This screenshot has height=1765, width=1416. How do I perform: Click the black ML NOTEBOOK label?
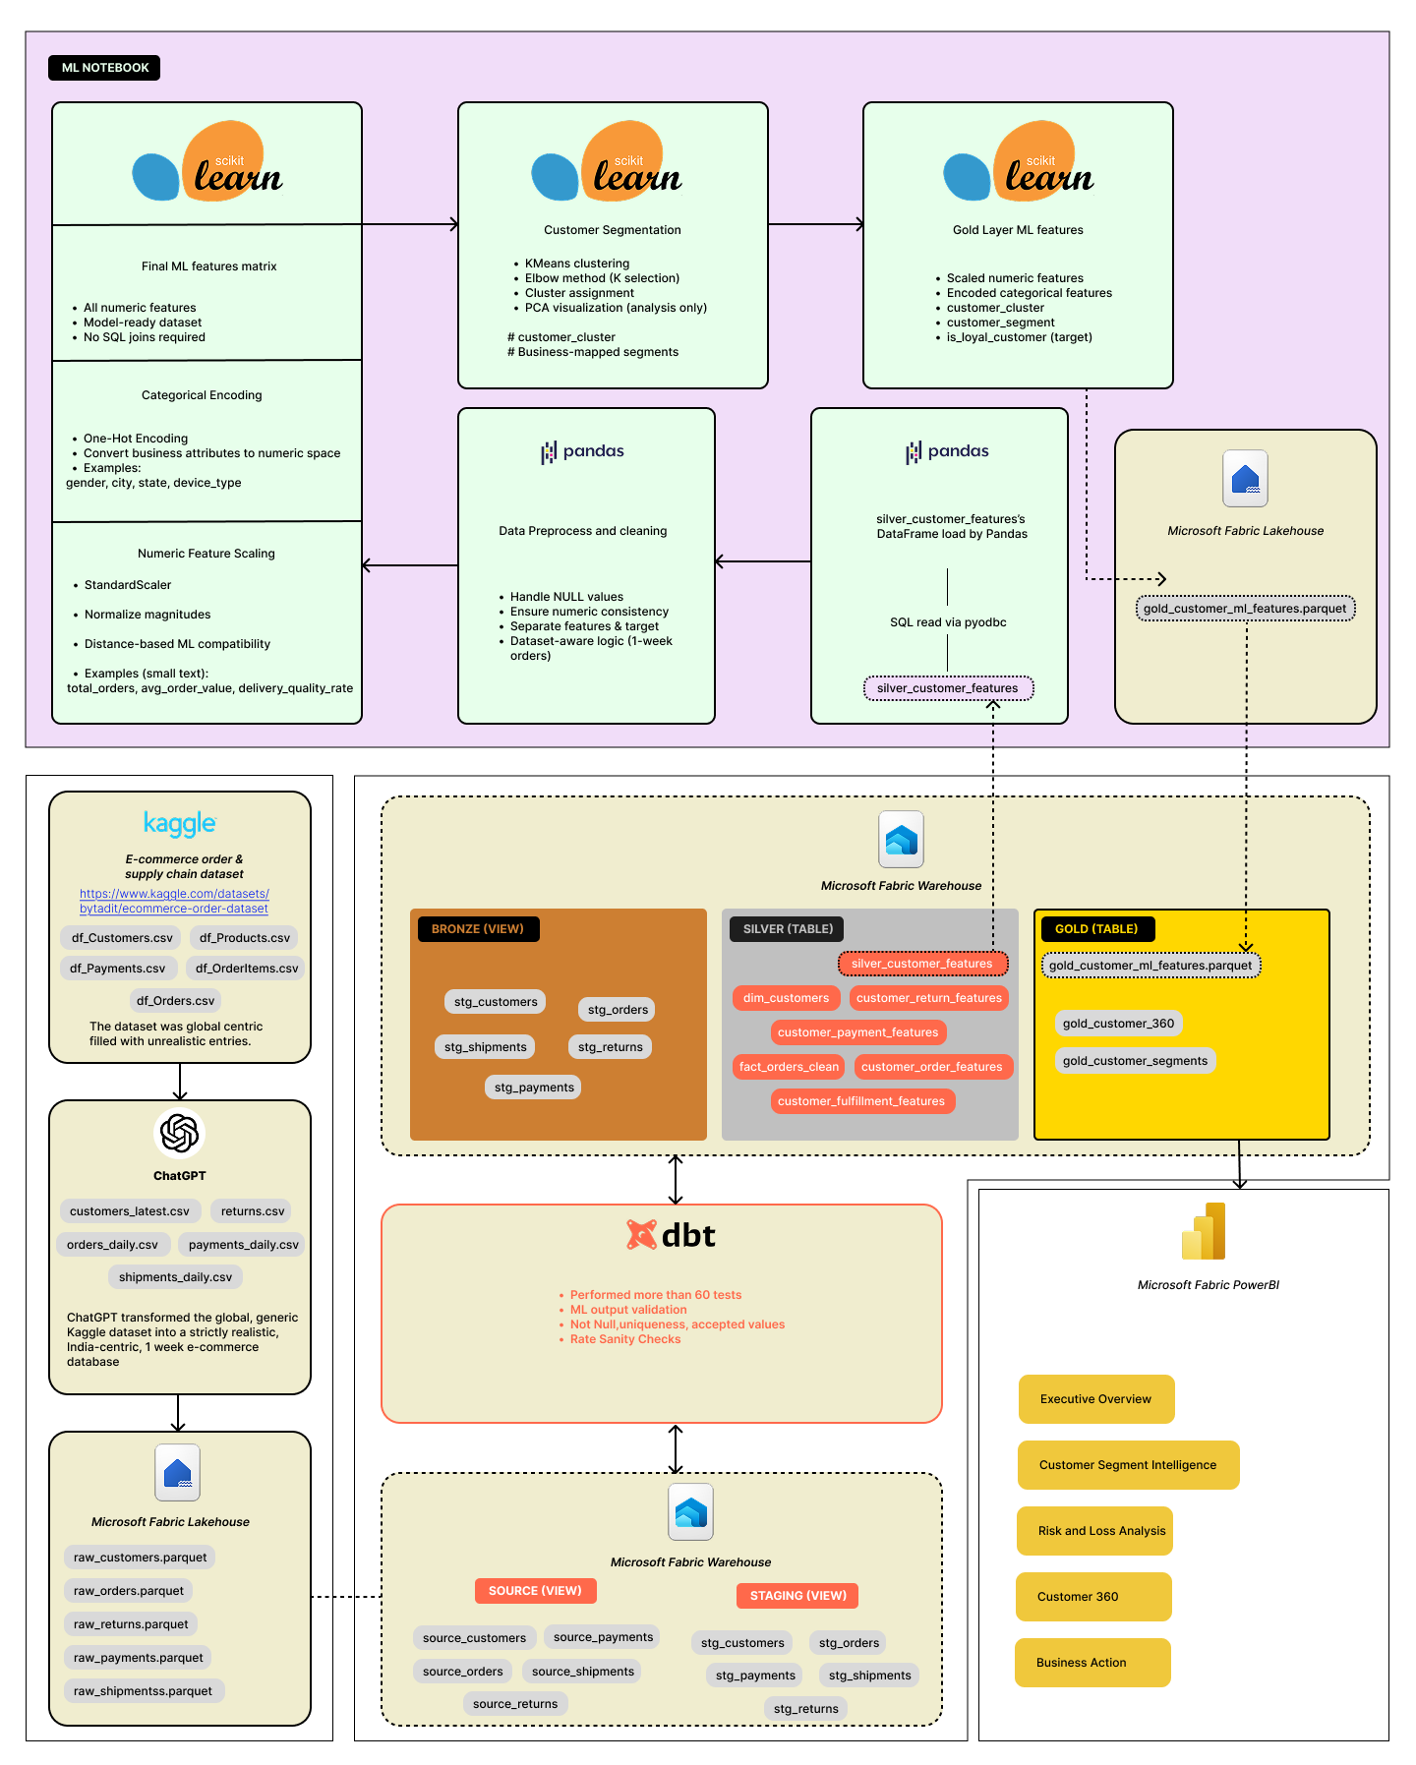pos(104,68)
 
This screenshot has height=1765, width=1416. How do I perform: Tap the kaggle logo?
pos(180,823)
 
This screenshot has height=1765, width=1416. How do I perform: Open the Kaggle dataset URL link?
pos(174,901)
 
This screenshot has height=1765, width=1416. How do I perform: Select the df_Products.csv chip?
pos(245,938)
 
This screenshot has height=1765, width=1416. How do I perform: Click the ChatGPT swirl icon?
pos(179,1133)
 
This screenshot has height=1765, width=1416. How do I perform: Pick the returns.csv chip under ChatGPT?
pos(253,1211)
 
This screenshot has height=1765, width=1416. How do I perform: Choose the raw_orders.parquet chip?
pos(129,1591)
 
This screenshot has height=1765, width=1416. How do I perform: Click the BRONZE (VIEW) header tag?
pos(478,929)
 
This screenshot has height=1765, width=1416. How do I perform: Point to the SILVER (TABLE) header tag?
pos(788,929)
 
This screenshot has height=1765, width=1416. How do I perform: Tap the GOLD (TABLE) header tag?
pos(1096,929)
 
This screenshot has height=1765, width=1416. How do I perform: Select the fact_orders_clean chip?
pos(789,1067)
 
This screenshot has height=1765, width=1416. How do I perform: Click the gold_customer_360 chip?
pos(1118,1024)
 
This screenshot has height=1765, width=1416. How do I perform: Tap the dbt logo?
pos(672,1235)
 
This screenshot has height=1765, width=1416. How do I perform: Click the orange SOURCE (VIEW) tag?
pos(535,1591)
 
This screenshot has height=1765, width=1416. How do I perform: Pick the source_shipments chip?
pos(583,1672)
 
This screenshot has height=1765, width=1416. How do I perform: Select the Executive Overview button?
pos(1095,1399)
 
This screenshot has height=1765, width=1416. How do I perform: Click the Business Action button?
pos(1091,1663)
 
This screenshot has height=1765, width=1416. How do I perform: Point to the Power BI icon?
pos(1204,1232)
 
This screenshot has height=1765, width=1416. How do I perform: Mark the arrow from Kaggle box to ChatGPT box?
pos(180,1082)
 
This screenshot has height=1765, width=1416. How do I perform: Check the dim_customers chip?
pos(786,998)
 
